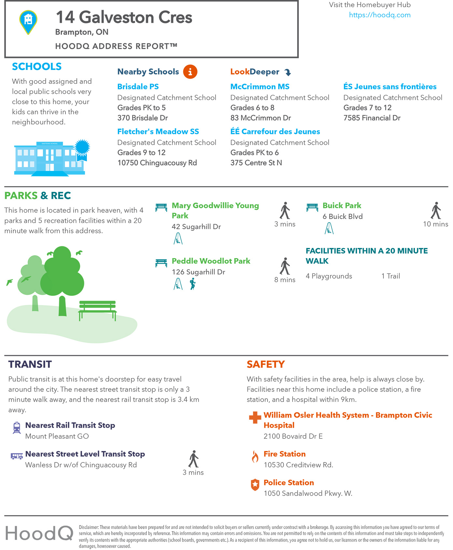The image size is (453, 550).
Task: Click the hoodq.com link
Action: [379, 15]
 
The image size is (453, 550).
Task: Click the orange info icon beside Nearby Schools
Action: [190, 72]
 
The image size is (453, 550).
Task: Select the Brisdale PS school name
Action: [138, 87]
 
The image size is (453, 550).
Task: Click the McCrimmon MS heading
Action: [260, 87]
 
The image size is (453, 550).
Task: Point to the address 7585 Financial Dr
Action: [372, 118]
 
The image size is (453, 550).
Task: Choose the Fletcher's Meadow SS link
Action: [158, 131]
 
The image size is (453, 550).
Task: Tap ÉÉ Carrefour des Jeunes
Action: [275, 131]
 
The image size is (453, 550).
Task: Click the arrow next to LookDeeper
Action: [287, 72]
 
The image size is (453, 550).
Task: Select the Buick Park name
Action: [342, 206]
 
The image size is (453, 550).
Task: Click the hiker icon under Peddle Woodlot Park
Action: [193, 284]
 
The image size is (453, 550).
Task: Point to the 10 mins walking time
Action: [435, 224]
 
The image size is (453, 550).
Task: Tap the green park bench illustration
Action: [97, 309]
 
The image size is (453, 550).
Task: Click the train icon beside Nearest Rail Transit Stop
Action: [17, 428]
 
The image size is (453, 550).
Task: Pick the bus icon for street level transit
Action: [17, 456]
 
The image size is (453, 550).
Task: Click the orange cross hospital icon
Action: [255, 418]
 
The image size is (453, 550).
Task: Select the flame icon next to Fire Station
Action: [255, 456]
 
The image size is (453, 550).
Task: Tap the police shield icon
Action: [255, 485]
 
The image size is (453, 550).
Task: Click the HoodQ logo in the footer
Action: [39, 533]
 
